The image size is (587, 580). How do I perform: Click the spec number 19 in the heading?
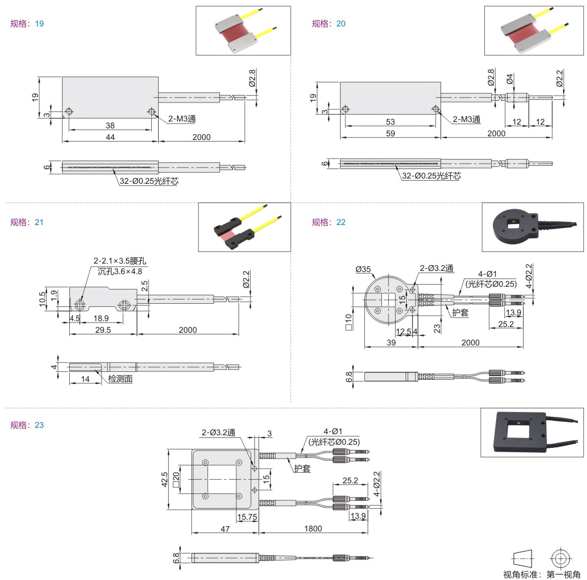pos(39,24)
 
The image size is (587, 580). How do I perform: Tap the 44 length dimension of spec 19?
pos(110,137)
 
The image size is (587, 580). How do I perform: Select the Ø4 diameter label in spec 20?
pos(509,79)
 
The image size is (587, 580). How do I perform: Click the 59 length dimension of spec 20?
pos(390,133)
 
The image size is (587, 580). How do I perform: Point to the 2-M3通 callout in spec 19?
pos(182,118)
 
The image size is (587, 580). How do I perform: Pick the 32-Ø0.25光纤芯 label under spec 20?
pos(432,176)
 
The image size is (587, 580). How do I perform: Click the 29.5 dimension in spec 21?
pos(103,330)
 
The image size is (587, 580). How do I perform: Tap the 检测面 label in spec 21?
pos(121,379)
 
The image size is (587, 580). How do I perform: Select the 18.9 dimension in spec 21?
pos(101,318)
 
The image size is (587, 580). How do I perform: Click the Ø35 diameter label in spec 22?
pos(363,269)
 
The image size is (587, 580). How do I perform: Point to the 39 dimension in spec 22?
pos(391,342)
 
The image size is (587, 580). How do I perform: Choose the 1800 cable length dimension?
pos(313,528)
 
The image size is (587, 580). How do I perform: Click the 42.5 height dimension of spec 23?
pos(164,480)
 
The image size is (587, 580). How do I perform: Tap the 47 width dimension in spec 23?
pos(225,529)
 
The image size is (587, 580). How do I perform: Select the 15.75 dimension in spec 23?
pos(247,517)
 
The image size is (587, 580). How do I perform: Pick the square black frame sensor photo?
pos(525,432)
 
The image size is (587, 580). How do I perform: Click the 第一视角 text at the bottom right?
pos(563,574)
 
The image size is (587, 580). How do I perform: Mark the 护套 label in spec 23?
pos(302,468)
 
